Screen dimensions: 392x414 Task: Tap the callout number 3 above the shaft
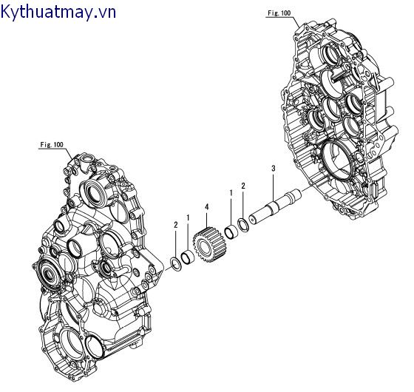274,169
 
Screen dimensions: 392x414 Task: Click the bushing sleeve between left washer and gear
189,256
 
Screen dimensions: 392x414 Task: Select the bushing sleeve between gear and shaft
231,232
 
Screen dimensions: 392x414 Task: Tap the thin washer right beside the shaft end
242,223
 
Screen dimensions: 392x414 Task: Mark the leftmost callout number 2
175,224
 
